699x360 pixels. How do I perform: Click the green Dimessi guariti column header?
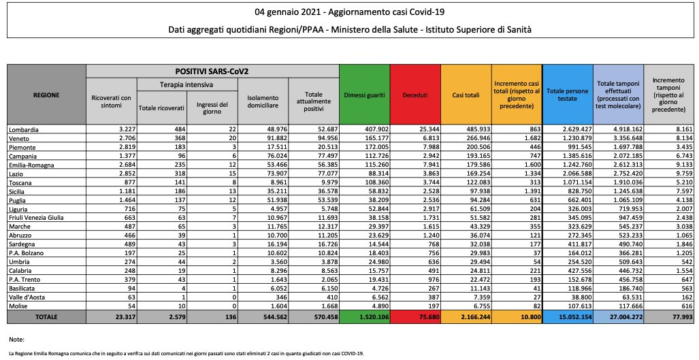pos(364,95)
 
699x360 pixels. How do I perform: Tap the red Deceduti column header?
pos(415,95)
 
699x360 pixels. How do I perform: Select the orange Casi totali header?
pos(466,95)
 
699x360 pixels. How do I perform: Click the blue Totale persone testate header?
pos(568,95)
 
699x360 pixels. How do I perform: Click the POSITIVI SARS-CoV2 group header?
pos(212,71)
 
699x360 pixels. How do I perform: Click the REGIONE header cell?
pos(46,95)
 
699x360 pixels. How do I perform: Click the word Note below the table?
pos(16,338)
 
